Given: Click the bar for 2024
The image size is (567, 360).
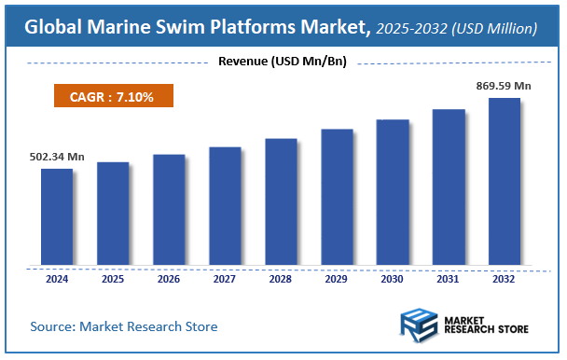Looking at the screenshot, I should coord(56,216).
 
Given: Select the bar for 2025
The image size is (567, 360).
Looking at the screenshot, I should coord(113,213).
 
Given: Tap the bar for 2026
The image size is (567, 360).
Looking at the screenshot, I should coord(169,209).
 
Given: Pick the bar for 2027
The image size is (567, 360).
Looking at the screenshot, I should coord(225,205).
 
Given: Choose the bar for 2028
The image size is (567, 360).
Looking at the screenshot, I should coord(281,201).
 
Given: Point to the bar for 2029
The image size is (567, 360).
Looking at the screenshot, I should coord(337,196).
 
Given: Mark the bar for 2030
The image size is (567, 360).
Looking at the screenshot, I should coord(393,191).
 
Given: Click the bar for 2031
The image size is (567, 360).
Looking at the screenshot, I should coord(449,187).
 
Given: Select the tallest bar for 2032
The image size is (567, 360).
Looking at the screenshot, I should coord(505,181).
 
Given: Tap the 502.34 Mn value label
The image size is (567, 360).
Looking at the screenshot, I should coord(51,157).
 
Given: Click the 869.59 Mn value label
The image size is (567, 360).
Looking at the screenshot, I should coord(504,86).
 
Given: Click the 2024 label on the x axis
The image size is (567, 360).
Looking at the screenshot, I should coord(56,278).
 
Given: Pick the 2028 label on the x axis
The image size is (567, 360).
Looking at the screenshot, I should coord(281,278).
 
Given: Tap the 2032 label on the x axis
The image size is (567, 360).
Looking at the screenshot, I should coord(505,278).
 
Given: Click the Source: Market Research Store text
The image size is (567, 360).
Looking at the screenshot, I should coord(124,326).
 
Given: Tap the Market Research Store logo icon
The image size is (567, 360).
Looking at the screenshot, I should coord(419,326).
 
